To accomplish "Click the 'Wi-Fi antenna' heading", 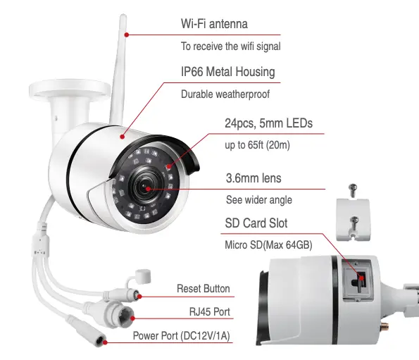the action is (214, 24).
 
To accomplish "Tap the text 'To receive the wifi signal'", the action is (230, 46).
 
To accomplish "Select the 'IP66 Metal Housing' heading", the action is (228, 72).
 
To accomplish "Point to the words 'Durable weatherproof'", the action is (225, 94).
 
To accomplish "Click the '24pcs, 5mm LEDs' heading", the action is (268, 123).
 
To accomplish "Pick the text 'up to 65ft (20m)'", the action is (257, 145).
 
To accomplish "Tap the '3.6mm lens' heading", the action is (254, 178).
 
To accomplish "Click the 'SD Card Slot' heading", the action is (256, 223).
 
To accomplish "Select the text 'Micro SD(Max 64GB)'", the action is (268, 245).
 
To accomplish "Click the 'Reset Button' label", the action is (204, 289).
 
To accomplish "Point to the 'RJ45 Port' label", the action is (210, 311).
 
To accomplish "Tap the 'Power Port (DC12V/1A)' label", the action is (182, 336).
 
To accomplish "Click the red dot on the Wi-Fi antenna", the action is (127, 35).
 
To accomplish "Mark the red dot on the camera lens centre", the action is (148, 189).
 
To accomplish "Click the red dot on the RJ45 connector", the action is (132, 318).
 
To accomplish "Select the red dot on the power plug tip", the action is (106, 342).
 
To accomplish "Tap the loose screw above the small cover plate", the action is (353, 190).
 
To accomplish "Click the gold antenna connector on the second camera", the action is (384, 326).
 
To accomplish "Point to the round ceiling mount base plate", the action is (70, 89).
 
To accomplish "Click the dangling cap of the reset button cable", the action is (143, 276).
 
